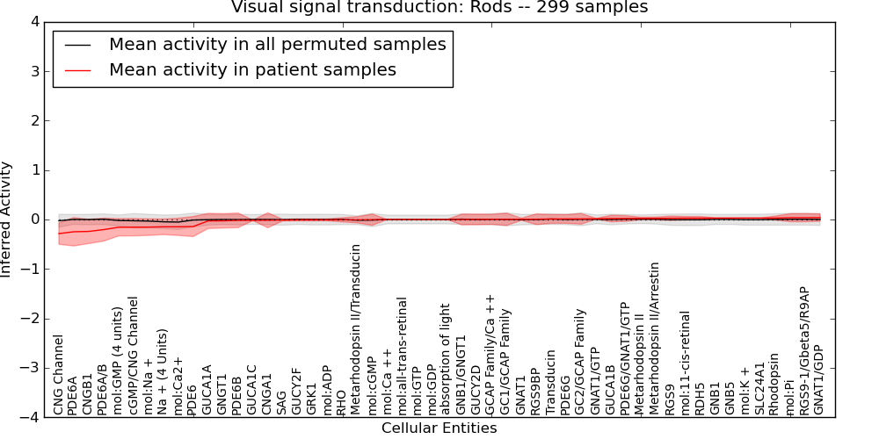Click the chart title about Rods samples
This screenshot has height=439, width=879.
pos(439,7)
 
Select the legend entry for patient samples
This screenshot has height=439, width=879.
pos(252,69)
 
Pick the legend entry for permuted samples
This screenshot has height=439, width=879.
pos(277,44)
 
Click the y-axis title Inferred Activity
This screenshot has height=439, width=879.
pos(7,219)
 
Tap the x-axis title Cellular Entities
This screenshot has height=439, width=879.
pos(439,428)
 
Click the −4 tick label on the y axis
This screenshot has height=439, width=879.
pos(29,417)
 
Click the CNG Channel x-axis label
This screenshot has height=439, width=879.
pos(59,375)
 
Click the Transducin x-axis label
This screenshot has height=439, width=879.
pos(550,383)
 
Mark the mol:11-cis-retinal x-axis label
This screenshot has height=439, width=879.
pos(685,362)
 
